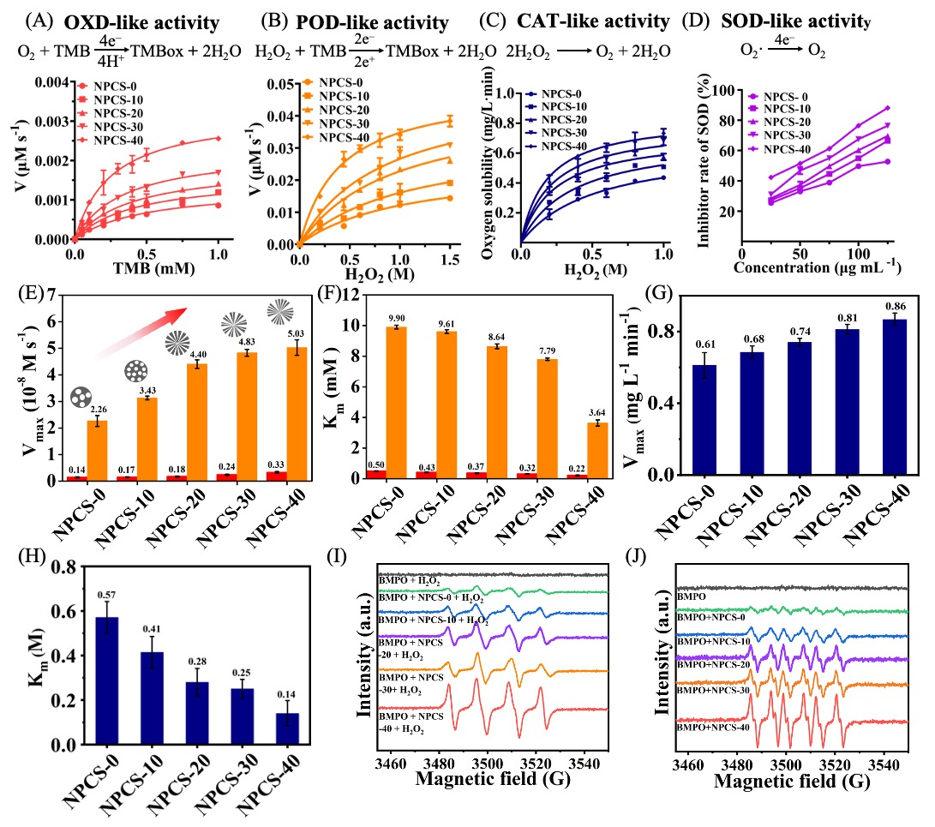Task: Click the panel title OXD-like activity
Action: [128, 21]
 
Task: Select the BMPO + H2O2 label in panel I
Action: [409, 580]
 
